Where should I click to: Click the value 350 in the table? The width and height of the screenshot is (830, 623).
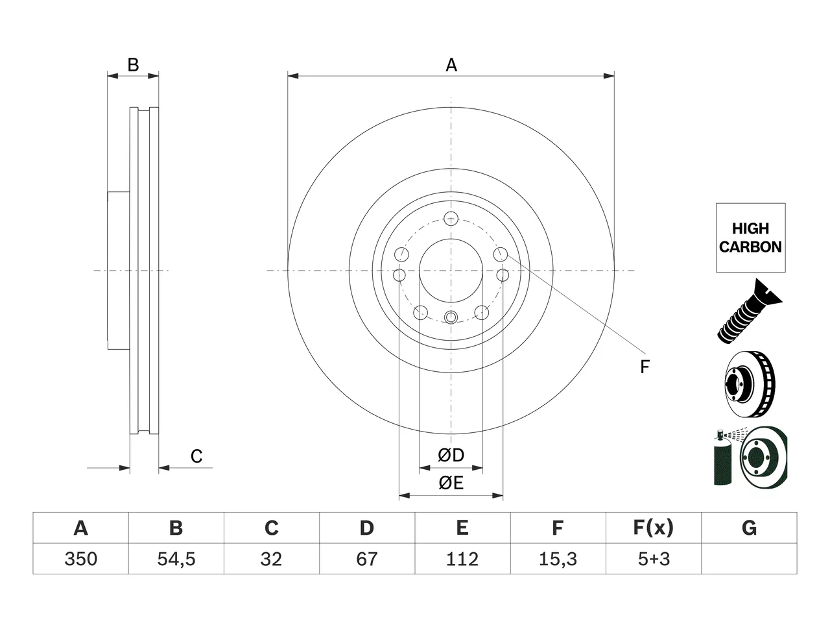80,559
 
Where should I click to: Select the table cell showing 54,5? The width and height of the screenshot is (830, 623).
176,559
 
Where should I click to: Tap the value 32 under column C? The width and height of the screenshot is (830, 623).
271,559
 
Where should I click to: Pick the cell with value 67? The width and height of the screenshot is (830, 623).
367,559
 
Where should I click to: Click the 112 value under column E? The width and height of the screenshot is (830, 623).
462,559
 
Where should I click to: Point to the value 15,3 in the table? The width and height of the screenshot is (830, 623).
558,559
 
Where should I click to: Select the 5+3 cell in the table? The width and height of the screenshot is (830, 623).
654,559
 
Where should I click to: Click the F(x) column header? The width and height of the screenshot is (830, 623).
654,528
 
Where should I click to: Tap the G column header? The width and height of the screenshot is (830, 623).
749,528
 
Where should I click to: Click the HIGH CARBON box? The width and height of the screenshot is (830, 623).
751,238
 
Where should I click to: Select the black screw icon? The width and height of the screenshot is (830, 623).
749,311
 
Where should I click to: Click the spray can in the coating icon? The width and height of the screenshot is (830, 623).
722,458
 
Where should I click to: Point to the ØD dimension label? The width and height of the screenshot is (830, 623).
451,455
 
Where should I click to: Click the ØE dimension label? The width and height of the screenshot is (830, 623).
451,483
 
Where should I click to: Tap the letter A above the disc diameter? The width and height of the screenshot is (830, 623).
451,65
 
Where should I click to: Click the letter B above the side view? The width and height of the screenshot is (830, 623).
133,65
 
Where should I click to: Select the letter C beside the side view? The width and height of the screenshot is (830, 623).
196,456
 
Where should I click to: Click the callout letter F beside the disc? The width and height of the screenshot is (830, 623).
645,367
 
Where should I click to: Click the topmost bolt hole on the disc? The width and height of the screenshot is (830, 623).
451,219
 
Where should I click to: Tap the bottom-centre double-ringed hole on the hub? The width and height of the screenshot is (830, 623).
451,317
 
